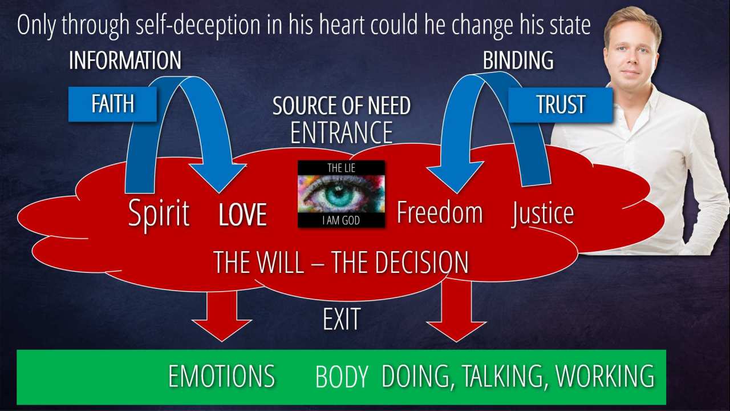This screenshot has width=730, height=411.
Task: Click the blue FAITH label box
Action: pyautogui.click(x=112, y=104)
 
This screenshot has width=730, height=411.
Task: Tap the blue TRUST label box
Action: pyautogui.click(x=560, y=105)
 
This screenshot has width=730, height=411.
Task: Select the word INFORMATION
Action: pyautogui.click(x=125, y=61)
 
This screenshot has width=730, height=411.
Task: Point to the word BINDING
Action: pyautogui.click(x=518, y=61)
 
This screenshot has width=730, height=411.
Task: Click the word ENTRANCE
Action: pyautogui.click(x=341, y=132)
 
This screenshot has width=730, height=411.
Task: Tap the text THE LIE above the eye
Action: pyautogui.click(x=341, y=168)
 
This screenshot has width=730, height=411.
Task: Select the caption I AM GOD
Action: pyautogui.click(x=341, y=220)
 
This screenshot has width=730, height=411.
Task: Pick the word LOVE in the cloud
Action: pyautogui.click(x=243, y=215)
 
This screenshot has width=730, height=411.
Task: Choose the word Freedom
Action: pyautogui.click(x=439, y=212)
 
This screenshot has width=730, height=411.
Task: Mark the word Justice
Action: pyautogui.click(x=542, y=213)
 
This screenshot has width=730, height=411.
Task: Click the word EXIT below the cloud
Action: pyautogui.click(x=341, y=320)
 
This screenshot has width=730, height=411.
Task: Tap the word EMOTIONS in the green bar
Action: pyautogui.click(x=221, y=377)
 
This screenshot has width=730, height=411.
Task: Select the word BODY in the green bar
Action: pyautogui.click(x=341, y=377)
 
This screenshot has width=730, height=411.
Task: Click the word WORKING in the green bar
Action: pyautogui.click(x=605, y=376)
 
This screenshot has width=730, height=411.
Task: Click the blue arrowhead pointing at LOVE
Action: pyautogui.click(x=218, y=177)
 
